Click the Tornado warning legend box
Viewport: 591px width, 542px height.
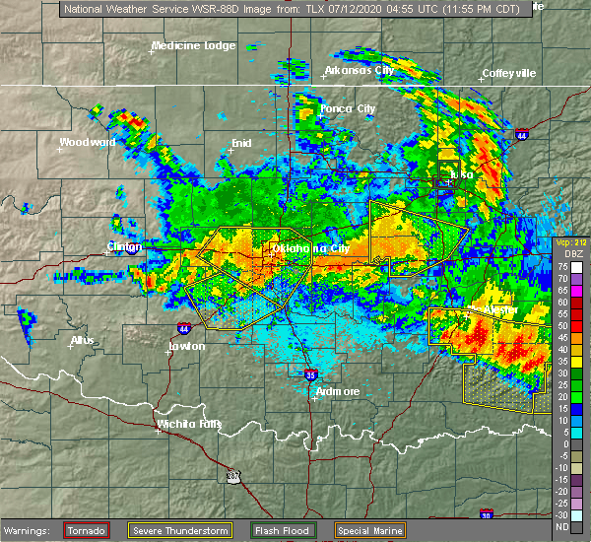click(x=86, y=530)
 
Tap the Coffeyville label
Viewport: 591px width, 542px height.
click(x=509, y=73)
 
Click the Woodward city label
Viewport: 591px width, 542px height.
click(x=87, y=142)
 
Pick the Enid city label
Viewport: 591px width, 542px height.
click(x=241, y=143)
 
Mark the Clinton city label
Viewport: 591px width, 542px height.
click(x=125, y=246)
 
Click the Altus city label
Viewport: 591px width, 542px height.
click(x=82, y=341)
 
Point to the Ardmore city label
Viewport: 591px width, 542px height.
click(x=337, y=391)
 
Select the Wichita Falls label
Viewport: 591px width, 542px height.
click(x=189, y=425)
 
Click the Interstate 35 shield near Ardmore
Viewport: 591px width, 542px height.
click(x=310, y=374)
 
